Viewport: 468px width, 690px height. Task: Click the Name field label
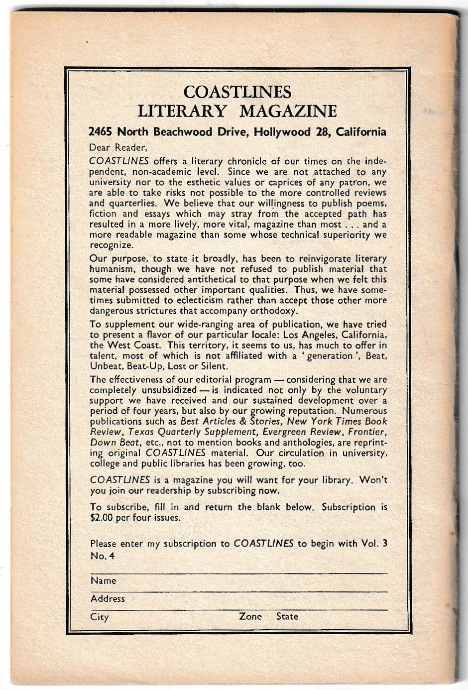(103, 580)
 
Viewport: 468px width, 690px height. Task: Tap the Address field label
(108, 598)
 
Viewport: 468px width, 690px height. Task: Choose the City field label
(99, 617)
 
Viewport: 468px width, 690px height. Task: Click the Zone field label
(250, 616)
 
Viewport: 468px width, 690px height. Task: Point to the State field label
(287, 616)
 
